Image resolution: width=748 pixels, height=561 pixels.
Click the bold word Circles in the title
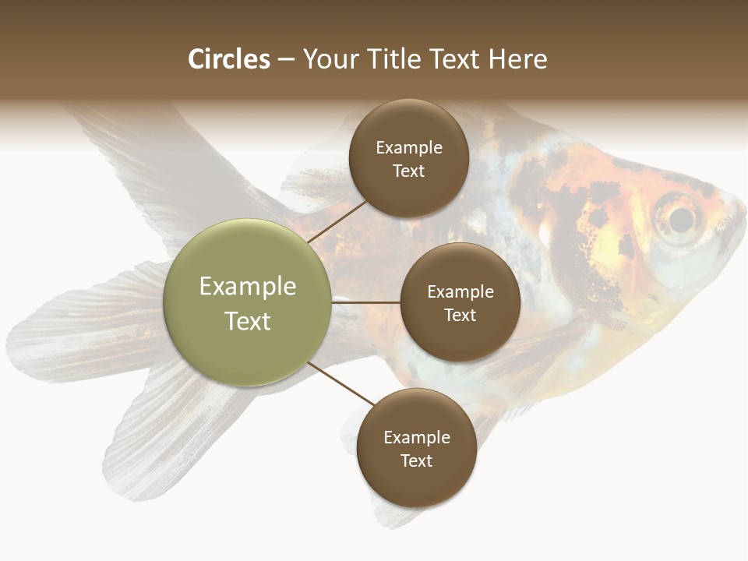point(229,59)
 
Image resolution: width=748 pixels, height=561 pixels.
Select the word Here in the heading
point(517,59)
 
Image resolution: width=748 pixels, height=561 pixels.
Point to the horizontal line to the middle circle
point(366,302)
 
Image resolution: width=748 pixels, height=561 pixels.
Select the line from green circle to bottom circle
point(341,383)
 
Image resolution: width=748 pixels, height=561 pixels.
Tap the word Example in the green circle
point(248,287)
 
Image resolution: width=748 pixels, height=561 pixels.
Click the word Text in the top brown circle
point(408,171)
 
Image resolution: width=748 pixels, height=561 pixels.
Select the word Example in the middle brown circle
point(460,291)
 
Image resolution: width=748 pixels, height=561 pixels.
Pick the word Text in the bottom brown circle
point(416,460)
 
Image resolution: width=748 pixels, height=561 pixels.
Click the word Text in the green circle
point(248,321)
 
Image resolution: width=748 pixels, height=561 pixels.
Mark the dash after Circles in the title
point(286,60)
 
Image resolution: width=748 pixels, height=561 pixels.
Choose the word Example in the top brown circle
point(409,147)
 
